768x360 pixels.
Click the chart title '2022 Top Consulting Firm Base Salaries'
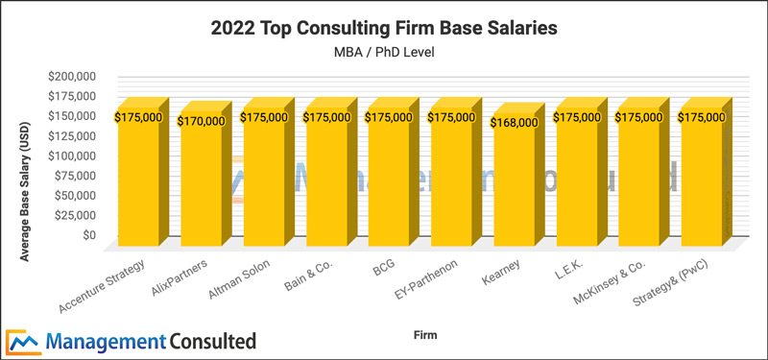pyautogui.click(x=384, y=29)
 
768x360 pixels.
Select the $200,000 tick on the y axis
pyautogui.click(x=78, y=76)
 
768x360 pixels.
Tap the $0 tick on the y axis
pyautogui.click(x=88, y=234)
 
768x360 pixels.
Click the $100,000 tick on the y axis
pyautogui.click(x=78, y=156)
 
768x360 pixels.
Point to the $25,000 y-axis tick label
pyautogui.click(x=81, y=215)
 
